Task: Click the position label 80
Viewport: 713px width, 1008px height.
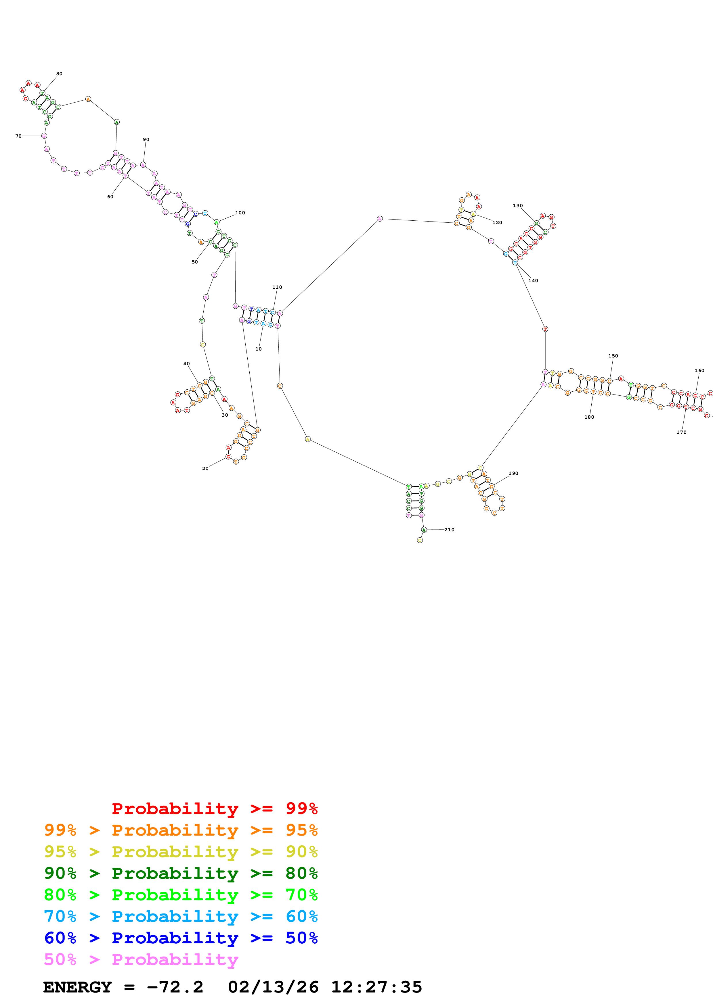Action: click(x=59, y=74)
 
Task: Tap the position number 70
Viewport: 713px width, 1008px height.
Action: click(x=18, y=136)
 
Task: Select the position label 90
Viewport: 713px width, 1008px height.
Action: click(x=146, y=140)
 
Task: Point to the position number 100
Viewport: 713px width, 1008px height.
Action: click(x=240, y=213)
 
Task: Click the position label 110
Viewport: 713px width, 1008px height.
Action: click(x=277, y=287)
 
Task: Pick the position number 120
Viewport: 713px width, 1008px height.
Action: click(x=497, y=223)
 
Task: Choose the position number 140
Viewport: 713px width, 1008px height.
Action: click(x=533, y=280)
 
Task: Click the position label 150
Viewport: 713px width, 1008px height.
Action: click(x=613, y=356)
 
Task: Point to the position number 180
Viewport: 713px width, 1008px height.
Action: click(x=589, y=417)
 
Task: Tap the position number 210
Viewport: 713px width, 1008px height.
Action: click(x=450, y=530)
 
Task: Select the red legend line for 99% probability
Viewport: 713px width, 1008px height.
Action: click(x=214, y=808)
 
